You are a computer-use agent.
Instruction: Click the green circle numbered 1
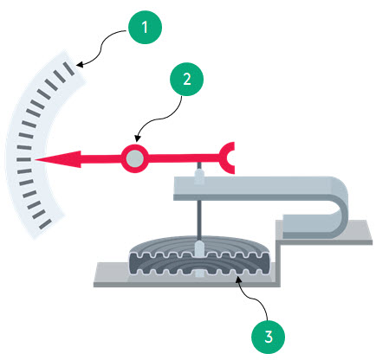(145, 27)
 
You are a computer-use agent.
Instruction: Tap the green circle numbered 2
(187, 79)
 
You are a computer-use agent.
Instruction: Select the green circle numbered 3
(269, 337)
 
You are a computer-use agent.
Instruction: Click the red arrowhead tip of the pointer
(36, 159)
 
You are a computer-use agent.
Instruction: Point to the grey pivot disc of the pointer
(135, 158)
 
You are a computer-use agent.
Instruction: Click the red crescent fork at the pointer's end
(225, 157)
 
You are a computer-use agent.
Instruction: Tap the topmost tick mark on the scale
(69, 68)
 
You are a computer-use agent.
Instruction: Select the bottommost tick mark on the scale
(45, 224)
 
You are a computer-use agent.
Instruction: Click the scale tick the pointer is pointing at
(23, 159)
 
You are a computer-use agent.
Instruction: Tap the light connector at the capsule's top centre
(199, 249)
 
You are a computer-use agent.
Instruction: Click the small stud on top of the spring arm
(199, 177)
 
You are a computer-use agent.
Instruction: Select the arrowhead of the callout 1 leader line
(80, 65)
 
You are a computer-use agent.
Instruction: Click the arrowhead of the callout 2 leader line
(137, 138)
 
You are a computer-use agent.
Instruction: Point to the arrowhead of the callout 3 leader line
(237, 279)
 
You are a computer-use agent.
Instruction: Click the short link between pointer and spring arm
(199, 165)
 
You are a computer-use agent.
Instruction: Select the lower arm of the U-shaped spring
(309, 227)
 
